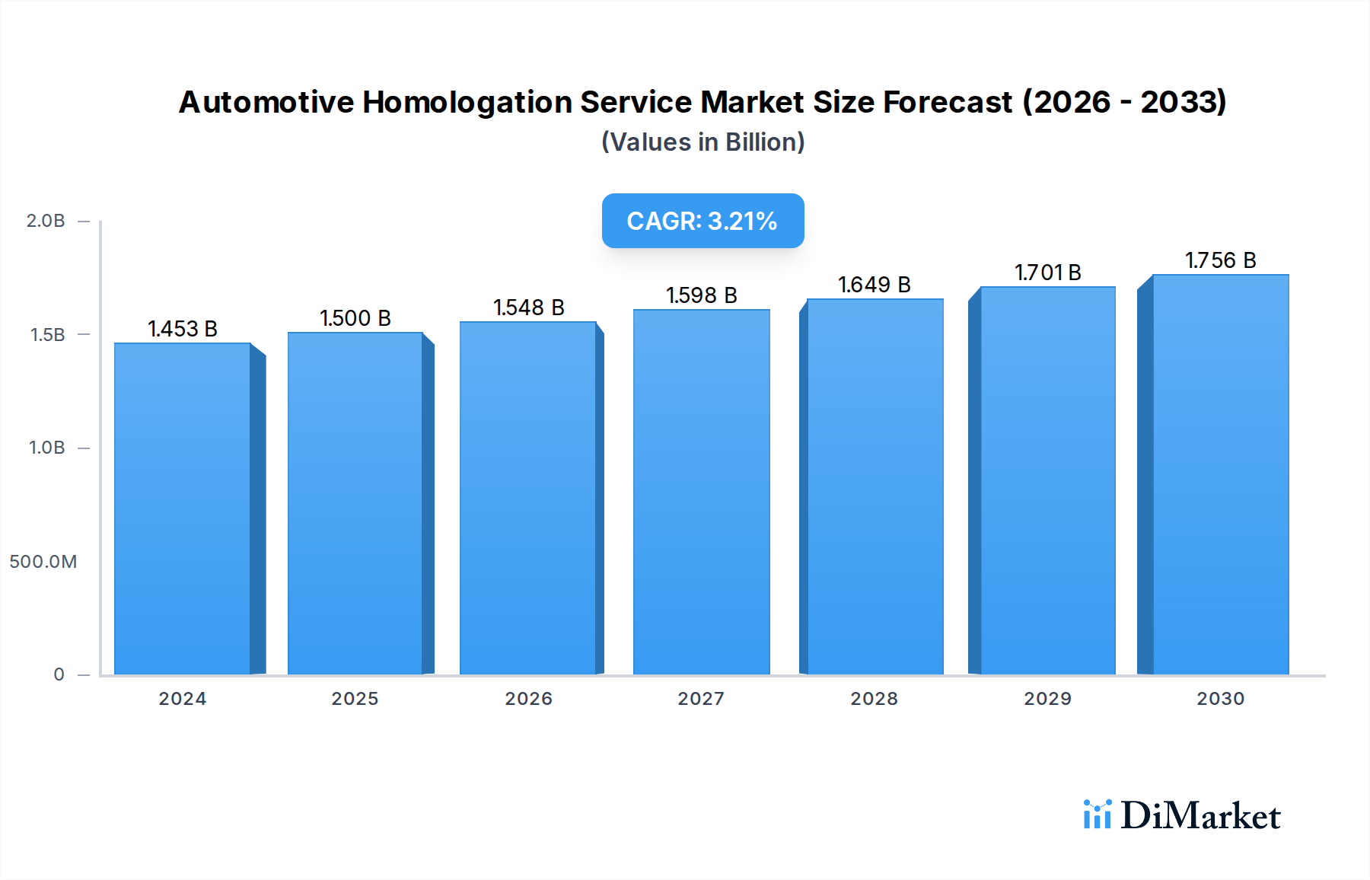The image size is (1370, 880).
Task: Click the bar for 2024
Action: coord(183,509)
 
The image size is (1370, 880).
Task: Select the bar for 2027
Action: coord(701,492)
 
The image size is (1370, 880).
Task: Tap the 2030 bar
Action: coord(1220,474)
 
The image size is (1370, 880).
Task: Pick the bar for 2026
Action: coord(528,498)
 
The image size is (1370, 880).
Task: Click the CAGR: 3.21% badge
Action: coord(703,221)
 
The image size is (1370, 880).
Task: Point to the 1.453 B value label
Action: coord(183,329)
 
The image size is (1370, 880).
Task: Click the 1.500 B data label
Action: coord(355,318)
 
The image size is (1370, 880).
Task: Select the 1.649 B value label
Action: coord(875,285)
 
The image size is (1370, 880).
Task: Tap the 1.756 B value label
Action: coord(1220,260)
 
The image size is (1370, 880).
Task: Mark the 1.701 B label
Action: coord(1047,273)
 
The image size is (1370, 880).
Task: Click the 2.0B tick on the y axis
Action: coord(46,221)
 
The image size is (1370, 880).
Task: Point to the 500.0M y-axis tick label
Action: coord(43,562)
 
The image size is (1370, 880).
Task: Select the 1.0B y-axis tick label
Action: coord(47,448)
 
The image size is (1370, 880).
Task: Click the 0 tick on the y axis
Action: coord(59,674)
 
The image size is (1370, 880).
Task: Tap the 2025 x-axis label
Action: coord(355,699)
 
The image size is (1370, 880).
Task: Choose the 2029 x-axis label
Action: coord(1047,699)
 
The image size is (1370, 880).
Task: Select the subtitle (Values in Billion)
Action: coord(703,142)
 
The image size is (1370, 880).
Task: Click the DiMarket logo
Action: coord(1182,815)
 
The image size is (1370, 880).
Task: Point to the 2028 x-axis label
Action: coord(874,699)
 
